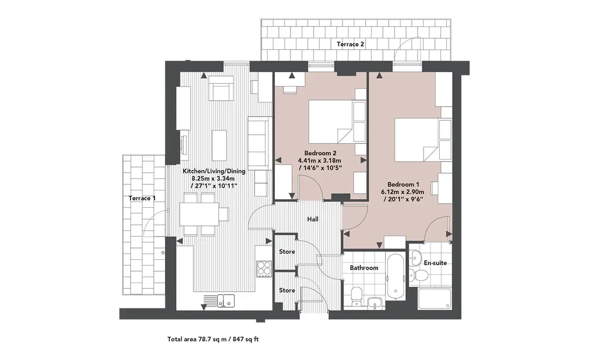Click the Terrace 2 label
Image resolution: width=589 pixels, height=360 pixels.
pos(350,44)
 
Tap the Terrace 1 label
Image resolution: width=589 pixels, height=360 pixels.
pos(142,198)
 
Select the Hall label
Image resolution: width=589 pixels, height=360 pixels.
pos(313,219)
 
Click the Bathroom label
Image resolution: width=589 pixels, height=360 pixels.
pos(364,268)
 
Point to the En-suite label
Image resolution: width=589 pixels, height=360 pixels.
pos(435,263)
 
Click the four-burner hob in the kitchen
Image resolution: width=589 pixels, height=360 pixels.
pos(264,269)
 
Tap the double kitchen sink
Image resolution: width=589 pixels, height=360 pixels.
pos(226,301)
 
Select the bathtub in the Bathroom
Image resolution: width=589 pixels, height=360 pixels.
pos(396,277)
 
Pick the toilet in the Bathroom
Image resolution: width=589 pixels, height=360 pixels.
pos(356,297)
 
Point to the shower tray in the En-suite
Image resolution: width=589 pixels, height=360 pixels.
pos(435,299)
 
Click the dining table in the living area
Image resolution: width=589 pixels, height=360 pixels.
pos(199,214)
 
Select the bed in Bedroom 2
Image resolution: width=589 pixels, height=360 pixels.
pos(330,122)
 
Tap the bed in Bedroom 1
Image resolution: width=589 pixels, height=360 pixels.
pos(417,140)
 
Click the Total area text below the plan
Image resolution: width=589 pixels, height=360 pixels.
pos(213,339)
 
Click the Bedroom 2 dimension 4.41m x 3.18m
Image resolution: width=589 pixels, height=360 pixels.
pos(320,161)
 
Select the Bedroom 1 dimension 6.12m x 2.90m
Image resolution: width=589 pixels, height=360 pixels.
pos(402,192)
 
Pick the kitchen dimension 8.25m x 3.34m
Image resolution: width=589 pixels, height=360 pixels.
pos(213,179)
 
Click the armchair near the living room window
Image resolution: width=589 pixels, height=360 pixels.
pos(221,88)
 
